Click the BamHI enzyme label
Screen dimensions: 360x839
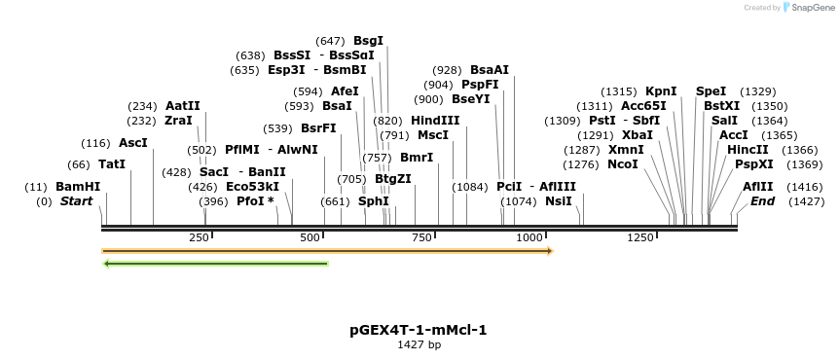(78, 186)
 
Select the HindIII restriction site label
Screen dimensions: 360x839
(435, 120)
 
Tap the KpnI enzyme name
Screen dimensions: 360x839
(661, 91)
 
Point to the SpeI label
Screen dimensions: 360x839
(711, 91)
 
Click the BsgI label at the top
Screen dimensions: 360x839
(368, 41)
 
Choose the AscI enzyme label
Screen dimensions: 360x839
(133, 142)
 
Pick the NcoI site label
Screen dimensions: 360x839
(623, 164)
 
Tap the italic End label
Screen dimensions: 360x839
(763, 201)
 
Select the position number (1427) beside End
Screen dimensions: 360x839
(807, 201)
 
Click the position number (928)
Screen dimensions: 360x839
(447, 70)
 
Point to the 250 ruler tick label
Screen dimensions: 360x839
(199, 238)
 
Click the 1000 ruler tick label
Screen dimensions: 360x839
(529, 238)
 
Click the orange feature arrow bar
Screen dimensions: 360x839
(327, 251)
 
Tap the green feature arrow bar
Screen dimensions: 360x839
(215, 263)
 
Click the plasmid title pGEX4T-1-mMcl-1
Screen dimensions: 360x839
(419, 330)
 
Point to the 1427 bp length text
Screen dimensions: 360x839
(419, 344)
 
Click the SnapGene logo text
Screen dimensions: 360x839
(812, 8)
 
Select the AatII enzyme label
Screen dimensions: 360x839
(183, 106)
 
